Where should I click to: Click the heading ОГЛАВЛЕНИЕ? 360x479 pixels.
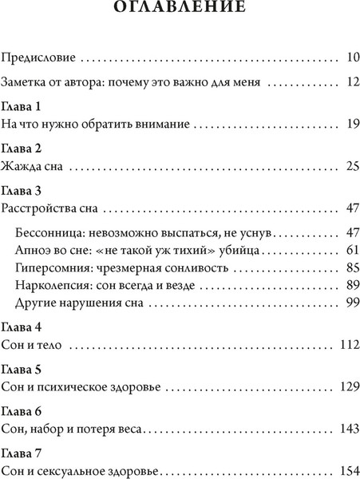tap(180, 9)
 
